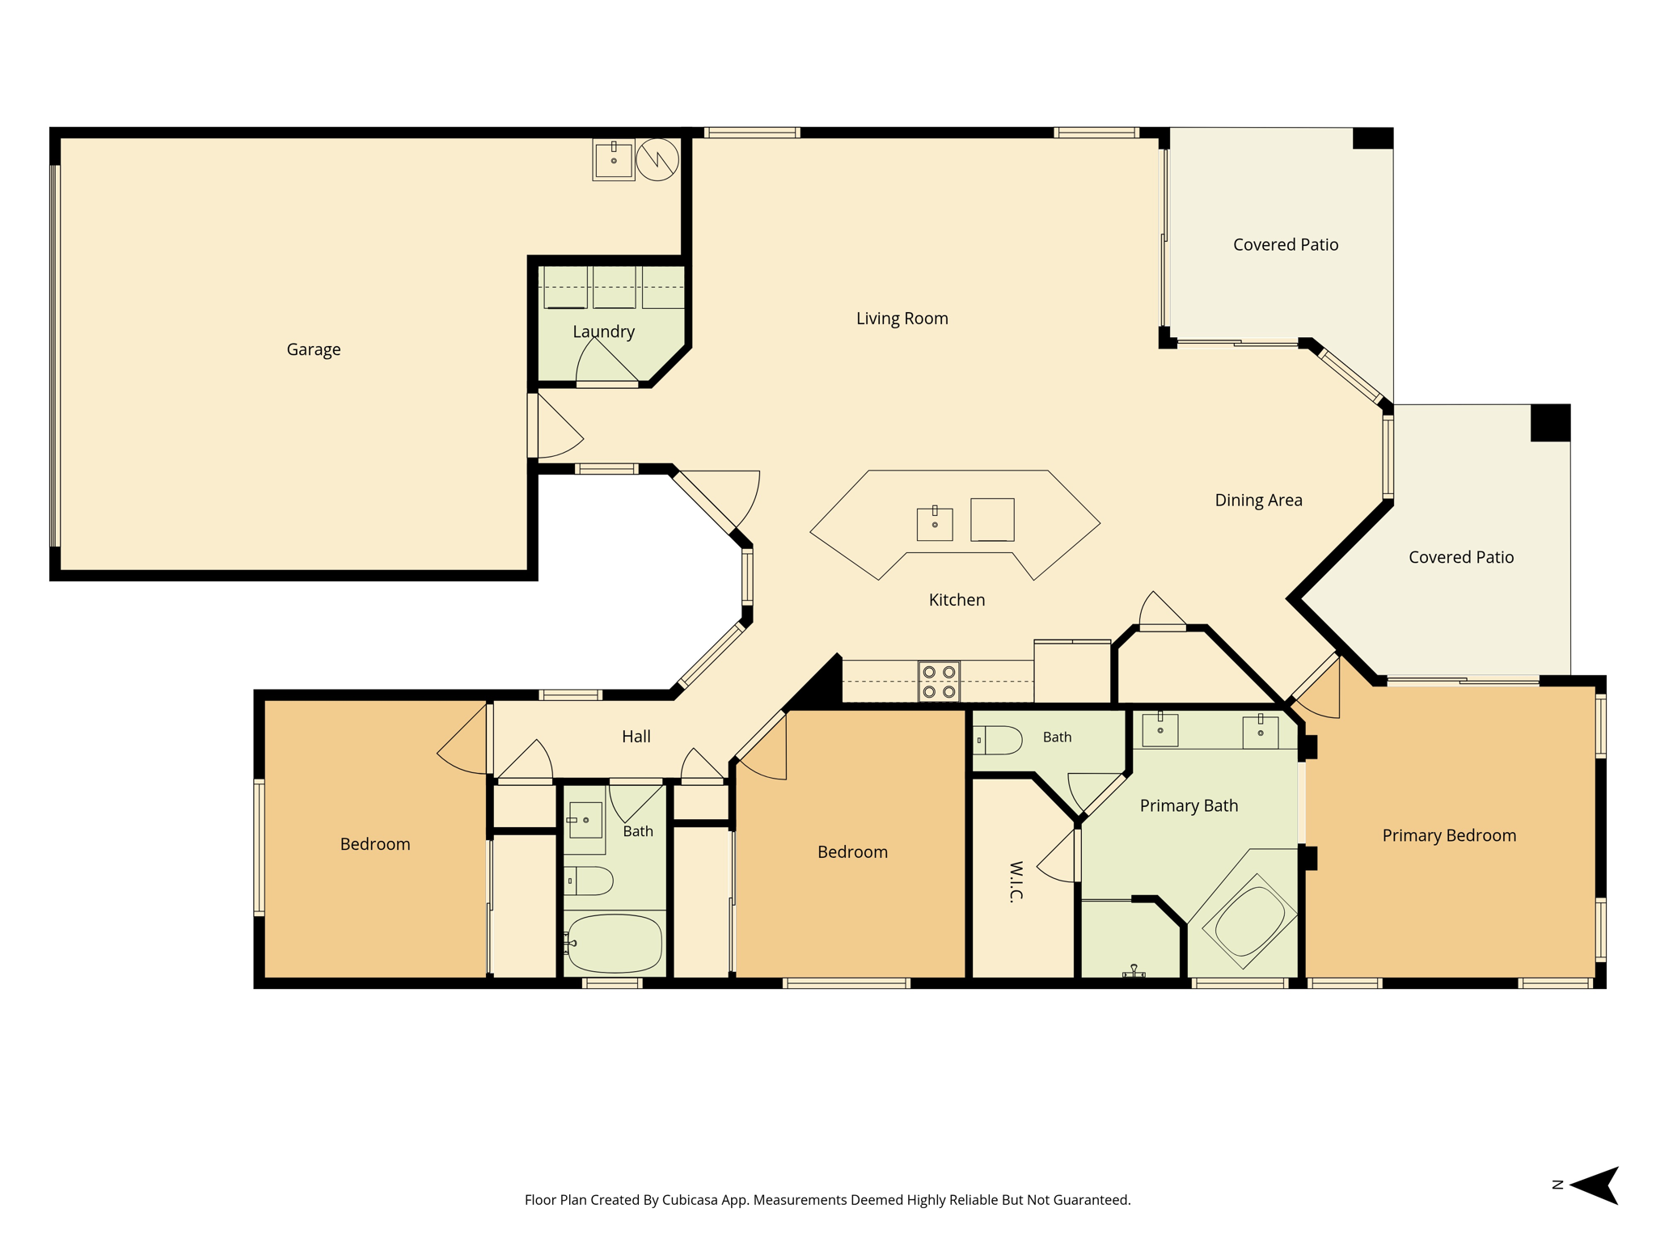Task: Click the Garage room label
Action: tap(314, 349)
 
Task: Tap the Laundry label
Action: tap(603, 332)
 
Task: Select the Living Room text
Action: tap(902, 319)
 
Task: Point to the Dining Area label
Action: tap(1258, 500)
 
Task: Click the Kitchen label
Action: tap(957, 600)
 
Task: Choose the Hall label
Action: tap(636, 737)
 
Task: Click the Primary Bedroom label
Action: tap(1449, 835)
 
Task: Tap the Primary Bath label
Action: tap(1189, 805)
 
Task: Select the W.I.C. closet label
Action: tap(1016, 881)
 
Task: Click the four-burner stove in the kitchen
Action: tap(939, 682)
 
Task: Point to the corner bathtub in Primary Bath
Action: tap(1249, 922)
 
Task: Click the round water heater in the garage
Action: tap(657, 159)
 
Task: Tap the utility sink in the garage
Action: tap(614, 159)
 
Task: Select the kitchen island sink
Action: tap(935, 524)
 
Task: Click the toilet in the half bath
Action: tap(998, 740)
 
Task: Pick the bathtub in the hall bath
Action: tap(614, 944)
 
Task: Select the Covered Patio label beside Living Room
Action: tap(1286, 245)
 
